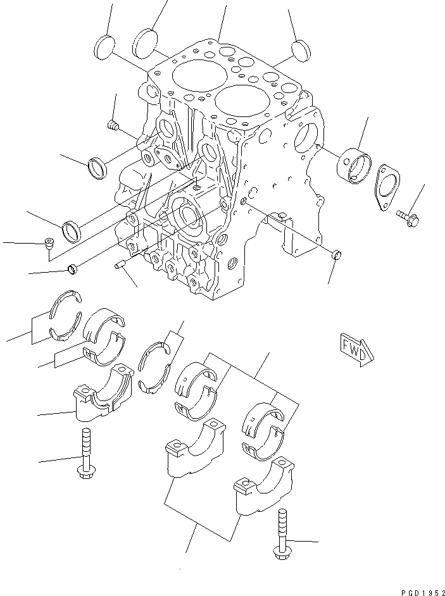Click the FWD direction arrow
pos(356,350)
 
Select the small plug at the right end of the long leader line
pos(336,255)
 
